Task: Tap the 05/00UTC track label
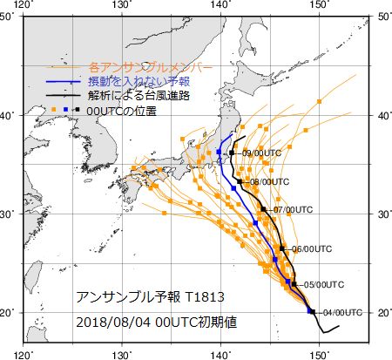[x=319, y=285]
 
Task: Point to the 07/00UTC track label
[x=292, y=210]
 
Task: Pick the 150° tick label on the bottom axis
[x=320, y=354]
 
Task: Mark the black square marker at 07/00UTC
[x=263, y=209]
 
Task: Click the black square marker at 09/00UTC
[x=232, y=153]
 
